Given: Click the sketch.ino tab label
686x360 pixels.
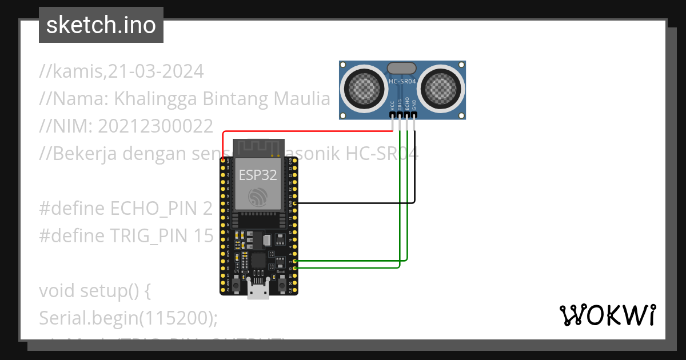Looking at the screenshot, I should (x=101, y=25).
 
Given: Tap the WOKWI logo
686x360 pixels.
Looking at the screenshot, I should (x=607, y=315).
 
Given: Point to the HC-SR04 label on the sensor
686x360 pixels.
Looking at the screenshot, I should (x=402, y=82).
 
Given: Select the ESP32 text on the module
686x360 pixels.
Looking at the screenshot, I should (x=258, y=175).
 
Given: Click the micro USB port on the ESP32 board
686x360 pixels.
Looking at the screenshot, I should (x=258, y=290).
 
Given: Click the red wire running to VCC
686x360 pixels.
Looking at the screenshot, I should (x=309, y=131).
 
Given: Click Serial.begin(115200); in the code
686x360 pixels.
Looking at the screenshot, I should (x=129, y=318).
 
